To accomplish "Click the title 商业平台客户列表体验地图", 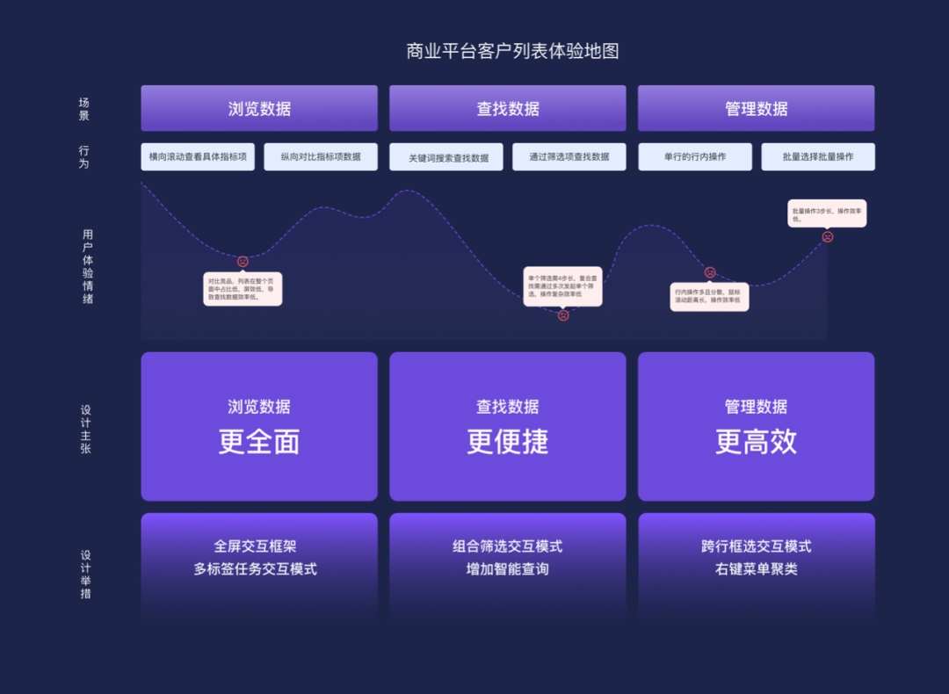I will [512, 51].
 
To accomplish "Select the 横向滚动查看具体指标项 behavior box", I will [198, 157].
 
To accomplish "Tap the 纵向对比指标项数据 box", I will [321, 157].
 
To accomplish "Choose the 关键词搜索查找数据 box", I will [446, 158].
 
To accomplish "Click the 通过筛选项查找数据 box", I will [569, 157].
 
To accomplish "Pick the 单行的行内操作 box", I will [695, 157].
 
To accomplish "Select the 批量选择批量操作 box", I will [818, 157].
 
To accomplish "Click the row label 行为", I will [84, 157].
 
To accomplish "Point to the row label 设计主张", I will [85, 429].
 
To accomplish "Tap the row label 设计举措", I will [85, 574].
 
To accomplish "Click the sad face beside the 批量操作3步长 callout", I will [827, 237].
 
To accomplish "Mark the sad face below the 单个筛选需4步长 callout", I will [563, 315].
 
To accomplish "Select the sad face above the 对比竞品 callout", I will [243, 262].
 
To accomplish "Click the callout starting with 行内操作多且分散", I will [709, 296].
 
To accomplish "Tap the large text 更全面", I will [259, 442].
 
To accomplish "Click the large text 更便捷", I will [508, 442].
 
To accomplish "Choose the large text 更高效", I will [756, 442].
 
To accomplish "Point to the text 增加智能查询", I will [508, 569].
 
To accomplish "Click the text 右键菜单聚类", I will [756, 569].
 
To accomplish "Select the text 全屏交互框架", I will [255, 546].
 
